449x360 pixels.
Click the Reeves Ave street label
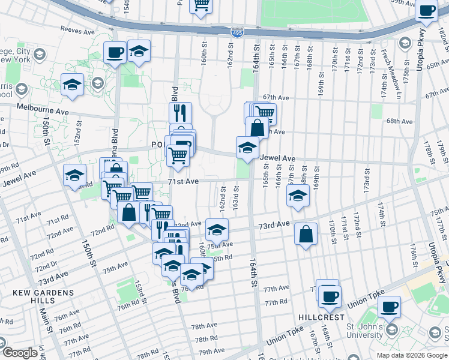79,29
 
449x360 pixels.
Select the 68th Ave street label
400,121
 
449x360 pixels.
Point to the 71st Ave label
183,181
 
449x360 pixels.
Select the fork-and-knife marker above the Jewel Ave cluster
180,112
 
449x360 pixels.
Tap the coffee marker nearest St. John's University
389,306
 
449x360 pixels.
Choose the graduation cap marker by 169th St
298,196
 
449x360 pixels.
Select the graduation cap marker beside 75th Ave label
217,229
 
